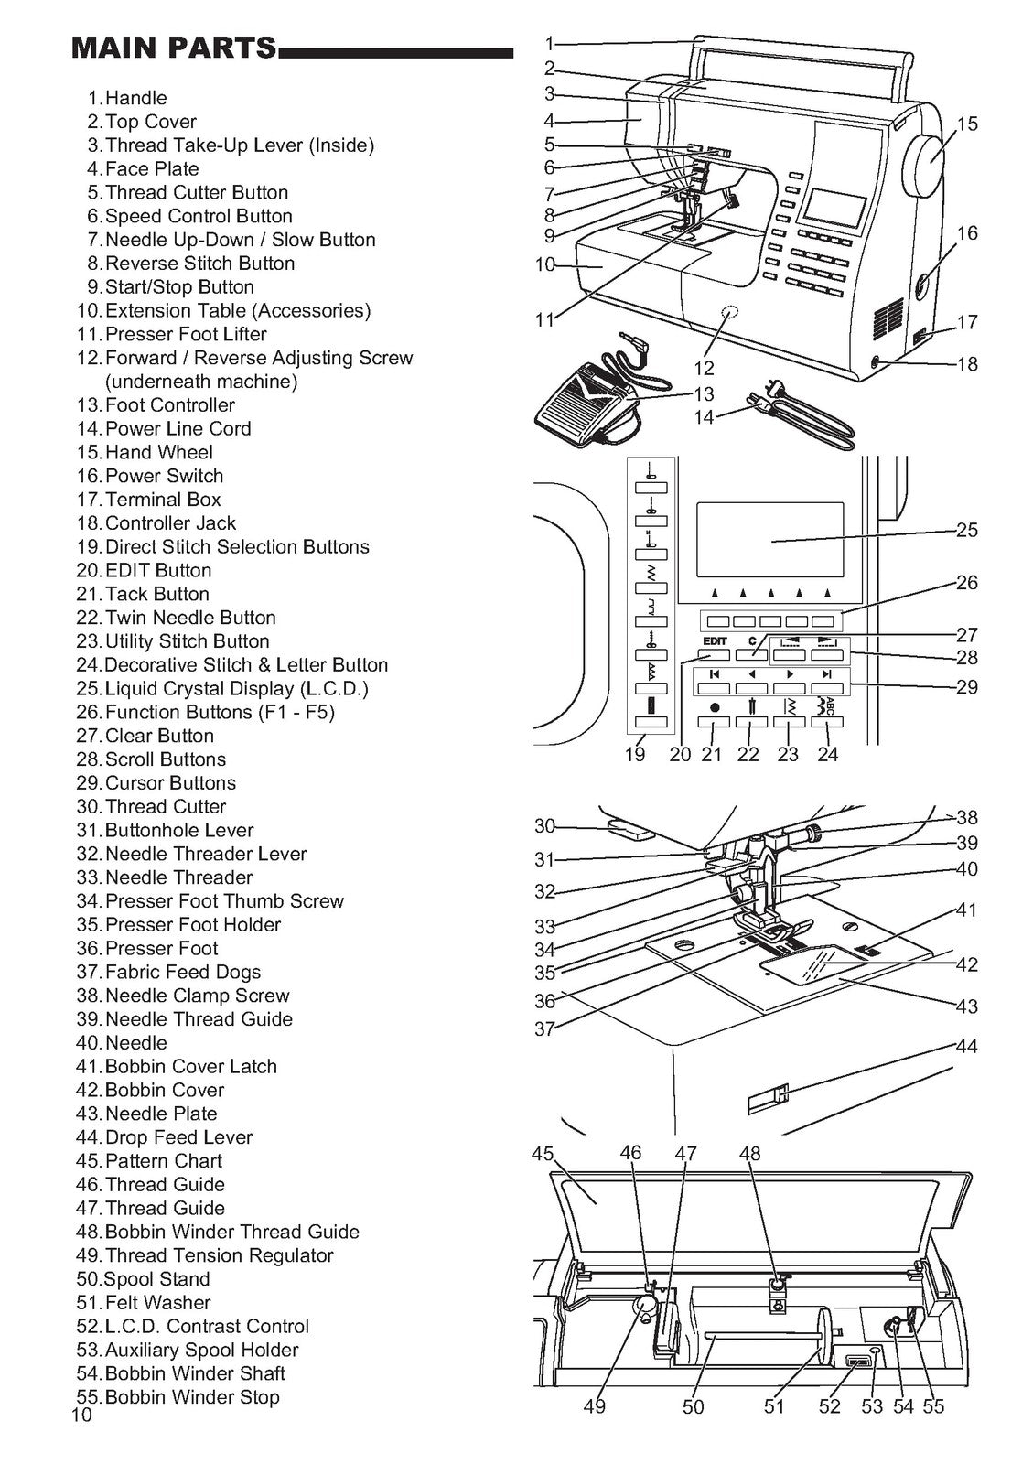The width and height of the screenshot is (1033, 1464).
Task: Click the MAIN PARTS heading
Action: pyautogui.click(x=174, y=48)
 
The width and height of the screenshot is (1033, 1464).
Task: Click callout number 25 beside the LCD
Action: pyautogui.click(x=967, y=530)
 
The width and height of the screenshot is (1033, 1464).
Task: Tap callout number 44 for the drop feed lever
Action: pyautogui.click(x=966, y=1046)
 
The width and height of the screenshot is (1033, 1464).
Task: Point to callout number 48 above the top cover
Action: pyautogui.click(x=749, y=1154)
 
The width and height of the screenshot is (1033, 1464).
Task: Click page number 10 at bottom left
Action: pyautogui.click(x=81, y=1416)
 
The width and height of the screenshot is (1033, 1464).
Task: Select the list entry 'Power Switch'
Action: pyautogui.click(x=164, y=476)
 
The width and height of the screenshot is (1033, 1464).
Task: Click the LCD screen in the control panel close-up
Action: pyautogui.click(x=769, y=542)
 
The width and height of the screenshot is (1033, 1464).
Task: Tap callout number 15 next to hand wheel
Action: pyautogui.click(x=967, y=124)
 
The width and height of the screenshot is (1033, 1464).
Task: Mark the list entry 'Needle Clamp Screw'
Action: pyautogui.click(x=197, y=996)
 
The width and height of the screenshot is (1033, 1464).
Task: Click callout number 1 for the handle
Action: pyautogui.click(x=549, y=42)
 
